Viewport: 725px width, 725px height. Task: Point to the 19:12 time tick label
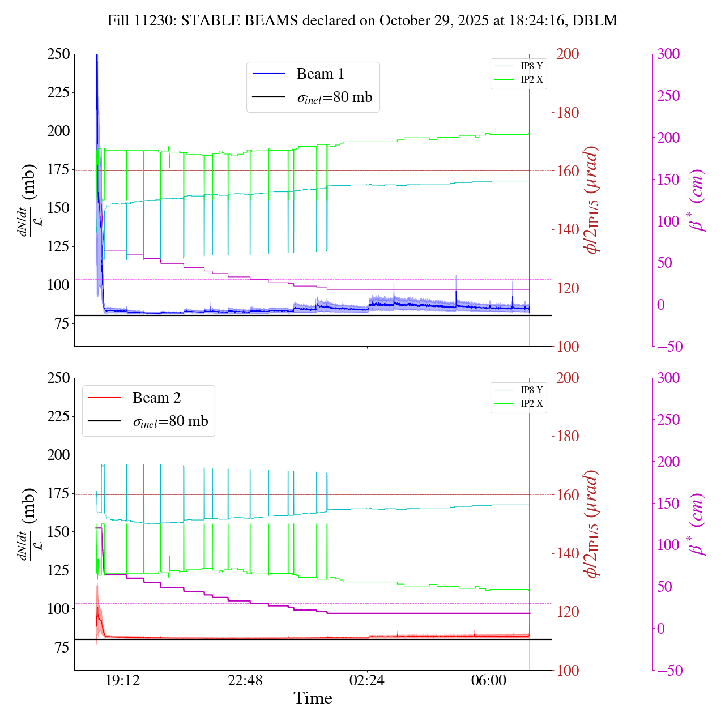tap(123, 680)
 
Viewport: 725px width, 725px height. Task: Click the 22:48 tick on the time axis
tap(245, 680)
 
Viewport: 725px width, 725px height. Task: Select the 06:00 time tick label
tap(489, 680)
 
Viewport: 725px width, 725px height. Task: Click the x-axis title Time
tap(313, 699)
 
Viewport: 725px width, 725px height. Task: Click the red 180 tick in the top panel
tap(568, 113)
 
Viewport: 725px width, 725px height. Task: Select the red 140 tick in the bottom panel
tap(568, 553)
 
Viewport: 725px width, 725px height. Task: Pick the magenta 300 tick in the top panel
tap(668, 54)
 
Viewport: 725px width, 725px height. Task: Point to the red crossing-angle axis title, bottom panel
tap(592, 524)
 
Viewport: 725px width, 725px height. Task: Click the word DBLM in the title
tap(595, 21)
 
